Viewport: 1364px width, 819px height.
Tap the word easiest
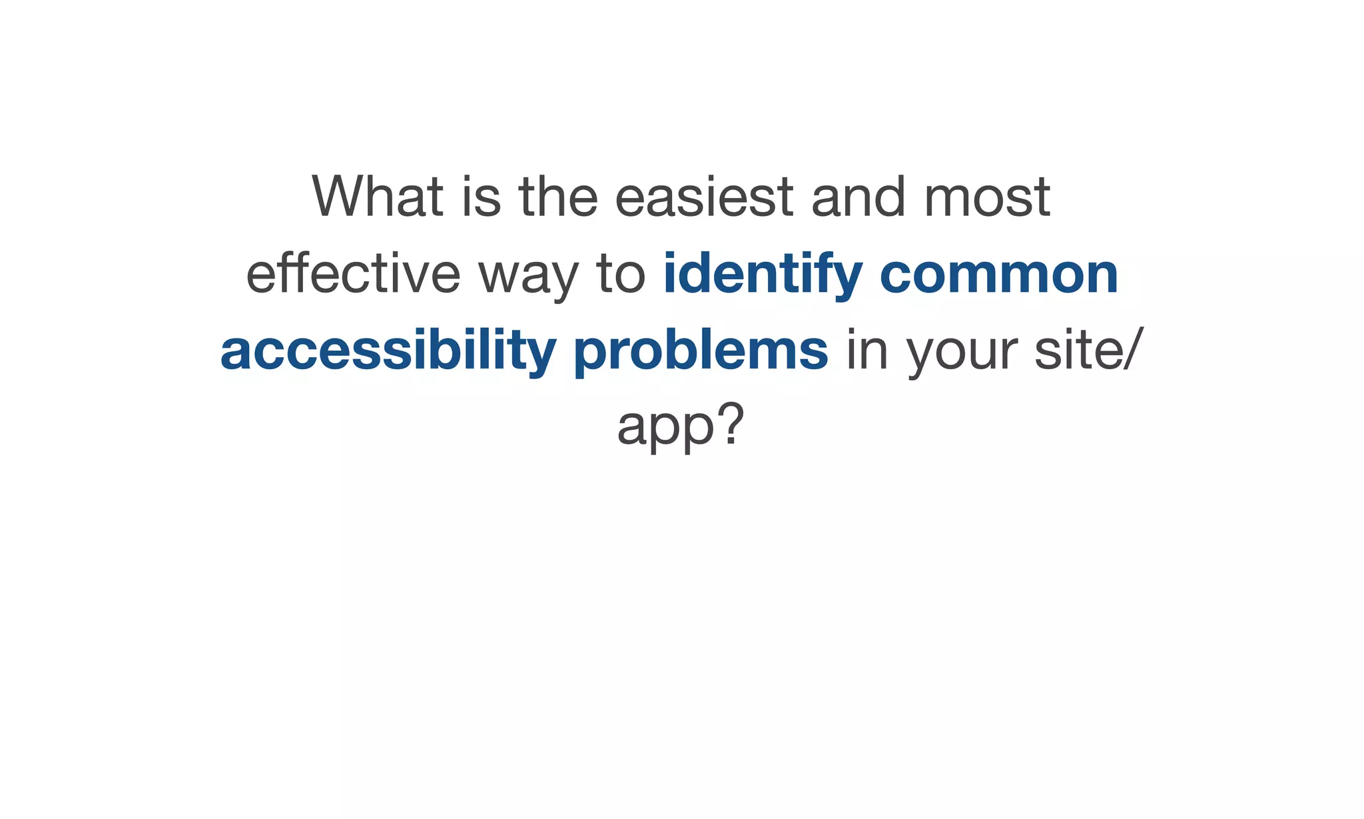pos(703,197)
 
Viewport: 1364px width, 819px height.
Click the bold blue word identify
pos(763,274)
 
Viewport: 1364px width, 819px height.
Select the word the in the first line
pos(558,197)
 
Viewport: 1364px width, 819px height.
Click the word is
pos(481,197)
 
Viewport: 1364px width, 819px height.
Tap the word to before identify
pos(620,274)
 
